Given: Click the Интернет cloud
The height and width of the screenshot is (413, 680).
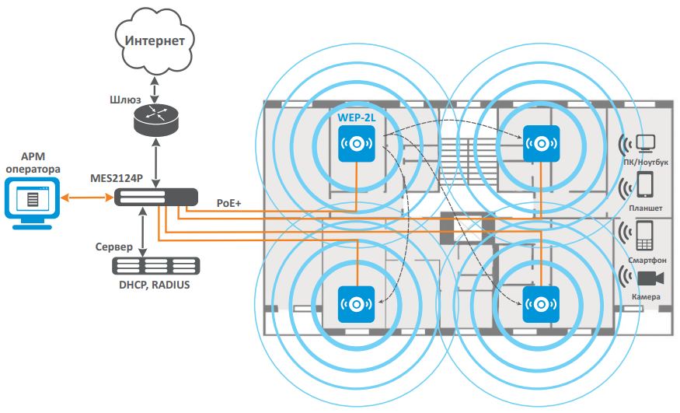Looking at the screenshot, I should coord(155,40).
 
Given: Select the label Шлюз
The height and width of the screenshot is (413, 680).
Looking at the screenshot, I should coord(125,100).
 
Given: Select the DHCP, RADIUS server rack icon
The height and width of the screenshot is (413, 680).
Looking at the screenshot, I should coord(155,264).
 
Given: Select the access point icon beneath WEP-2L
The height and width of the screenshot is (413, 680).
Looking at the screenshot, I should coord(357,144).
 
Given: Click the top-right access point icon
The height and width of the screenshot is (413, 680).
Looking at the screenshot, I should coord(542,144).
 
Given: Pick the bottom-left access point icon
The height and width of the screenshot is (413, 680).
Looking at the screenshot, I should coord(357,305).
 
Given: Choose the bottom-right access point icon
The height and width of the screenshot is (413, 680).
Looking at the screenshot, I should coord(542,305).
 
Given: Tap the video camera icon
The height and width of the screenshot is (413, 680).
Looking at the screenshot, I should coord(649,278).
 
